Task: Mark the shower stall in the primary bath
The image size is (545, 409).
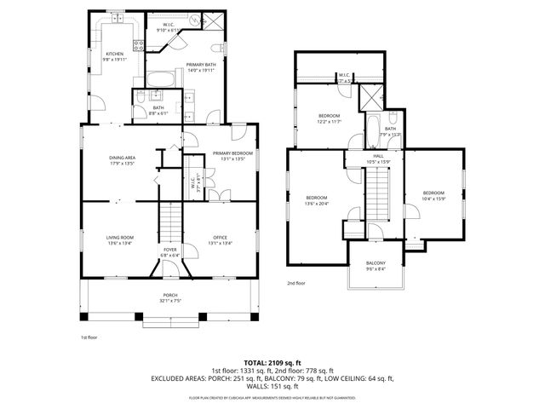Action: pyautogui.click(x=215, y=22)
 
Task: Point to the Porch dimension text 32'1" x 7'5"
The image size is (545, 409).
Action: pyautogui.click(x=170, y=300)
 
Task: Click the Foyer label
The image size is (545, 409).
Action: pyautogui.click(x=169, y=252)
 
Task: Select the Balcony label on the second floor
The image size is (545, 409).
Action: pyautogui.click(x=376, y=262)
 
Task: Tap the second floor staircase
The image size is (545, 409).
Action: pyautogui.click(x=376, y=192)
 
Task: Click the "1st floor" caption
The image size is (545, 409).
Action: pyautogui.click(x=89, y=337)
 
